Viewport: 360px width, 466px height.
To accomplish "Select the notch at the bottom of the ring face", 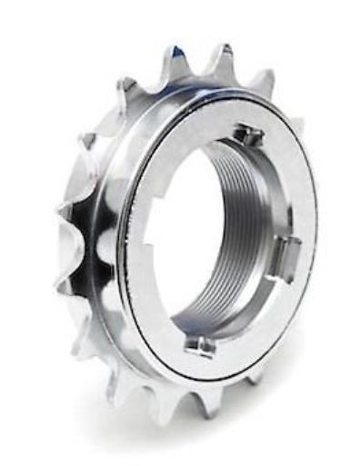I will [x=200, y=342].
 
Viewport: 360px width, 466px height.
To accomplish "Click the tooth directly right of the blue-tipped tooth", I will [x=222, y=56].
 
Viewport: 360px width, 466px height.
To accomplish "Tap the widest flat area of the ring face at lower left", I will [x=145, y=300].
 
